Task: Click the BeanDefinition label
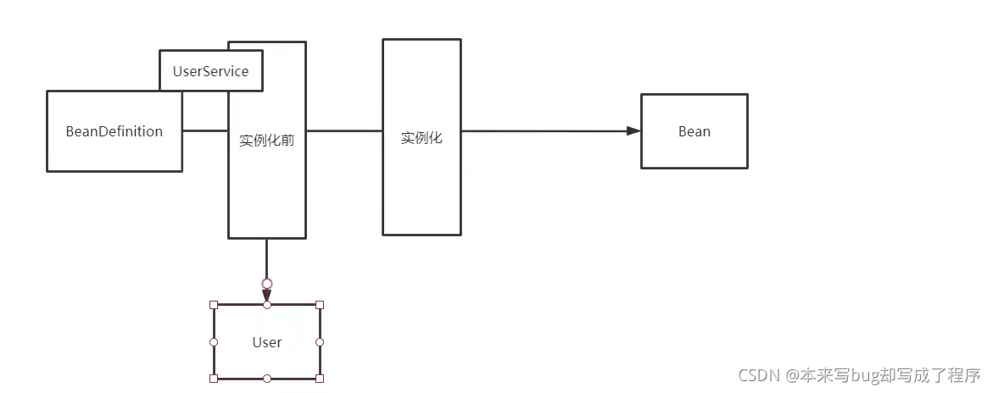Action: click(114, 131)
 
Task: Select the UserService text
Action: click(210, 71)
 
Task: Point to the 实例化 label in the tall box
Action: click(421, 138)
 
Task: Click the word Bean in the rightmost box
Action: click(695, 131)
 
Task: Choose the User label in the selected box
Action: click(267, 342)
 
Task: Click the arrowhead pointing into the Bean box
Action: click(633, 131)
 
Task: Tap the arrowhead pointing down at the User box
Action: click(267, 295)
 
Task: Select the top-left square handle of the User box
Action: click(214, 305)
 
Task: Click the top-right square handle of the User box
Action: click(320, 305)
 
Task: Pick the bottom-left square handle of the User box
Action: click(214, 378)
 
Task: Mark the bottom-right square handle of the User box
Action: click(320, 378)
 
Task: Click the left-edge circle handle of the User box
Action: click(214, 342)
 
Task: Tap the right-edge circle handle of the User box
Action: click(320, 342)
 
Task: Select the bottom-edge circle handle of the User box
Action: click(267, 378)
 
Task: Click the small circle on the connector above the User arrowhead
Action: click(267, 283)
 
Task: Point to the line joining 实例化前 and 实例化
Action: click(343, 131)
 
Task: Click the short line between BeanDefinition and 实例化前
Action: click(204, 131)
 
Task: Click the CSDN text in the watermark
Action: click(758, 374)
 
